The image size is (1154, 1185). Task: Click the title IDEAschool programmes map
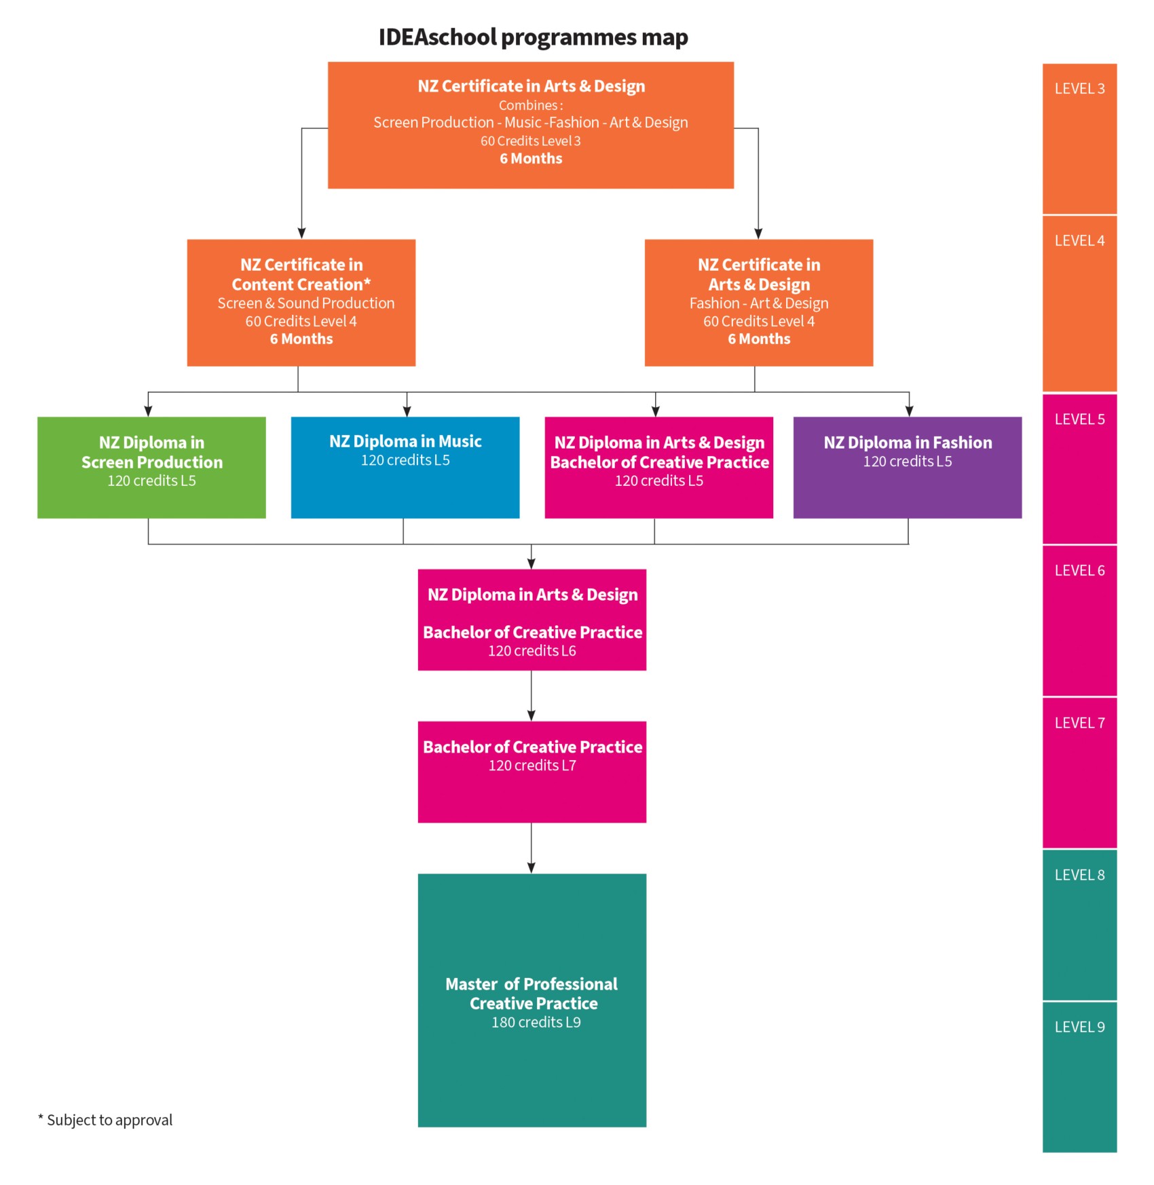click(533, 37)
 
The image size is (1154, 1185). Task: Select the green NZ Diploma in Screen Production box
click(151, 468)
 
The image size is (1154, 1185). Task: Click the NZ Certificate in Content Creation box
click(301, 302)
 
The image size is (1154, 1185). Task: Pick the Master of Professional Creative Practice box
click(532, 1000)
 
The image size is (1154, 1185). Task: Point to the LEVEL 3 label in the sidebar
click(1079, 89)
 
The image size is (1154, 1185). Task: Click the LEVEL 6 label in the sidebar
click(1079, 571)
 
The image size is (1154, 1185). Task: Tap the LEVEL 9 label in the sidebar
click(1079, 1028)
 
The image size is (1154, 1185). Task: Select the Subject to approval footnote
click(106, 1120)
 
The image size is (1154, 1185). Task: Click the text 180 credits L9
click(536, 1023)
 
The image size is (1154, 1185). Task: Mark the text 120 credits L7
click(532, 766)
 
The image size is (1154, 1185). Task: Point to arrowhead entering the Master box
click(532, 867)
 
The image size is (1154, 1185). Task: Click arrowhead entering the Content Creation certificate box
click(301, 233)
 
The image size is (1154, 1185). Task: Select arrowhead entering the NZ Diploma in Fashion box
click(909, 411)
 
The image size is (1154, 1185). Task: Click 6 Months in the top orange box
click(531, 159)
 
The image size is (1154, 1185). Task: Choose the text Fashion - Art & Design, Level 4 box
click(759, 303)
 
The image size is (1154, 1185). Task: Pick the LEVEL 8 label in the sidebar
click(1079, 876)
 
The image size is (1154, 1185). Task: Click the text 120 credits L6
click(532, 651)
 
